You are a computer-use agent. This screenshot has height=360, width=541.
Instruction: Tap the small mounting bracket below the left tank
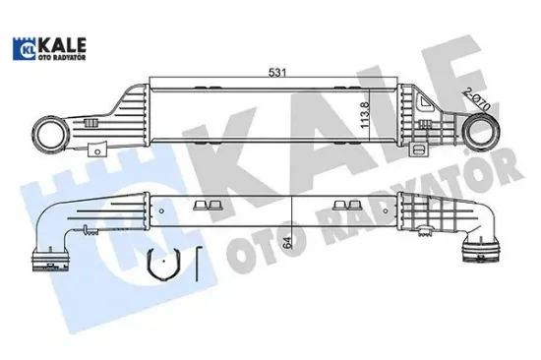pyautogui.click(x=99, y=148)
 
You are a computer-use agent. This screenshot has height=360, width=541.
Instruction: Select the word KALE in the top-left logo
pyautogui.click(x=63, y=44)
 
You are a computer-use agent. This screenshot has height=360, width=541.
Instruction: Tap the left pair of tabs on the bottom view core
pyautogui.click(x=204, y=204)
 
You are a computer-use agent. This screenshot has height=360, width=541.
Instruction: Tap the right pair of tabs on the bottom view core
pyautogui.click(x=345, y=204)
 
